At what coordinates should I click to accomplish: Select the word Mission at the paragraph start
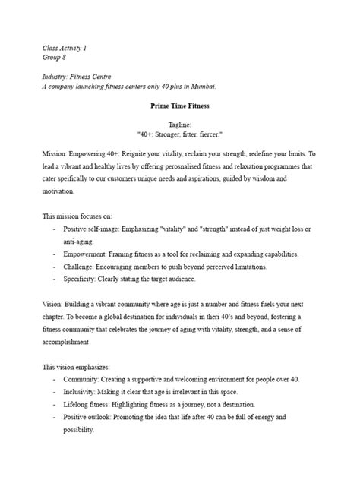56,153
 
